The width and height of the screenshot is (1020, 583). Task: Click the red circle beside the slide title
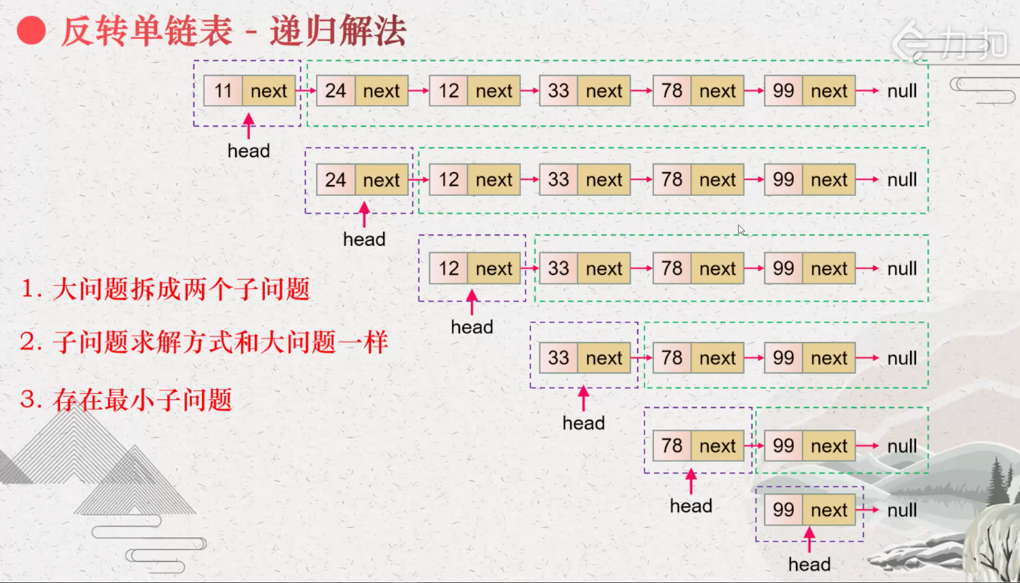pyautogui.click(x=31, y=31)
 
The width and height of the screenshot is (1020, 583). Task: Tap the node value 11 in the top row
pyautogui.click(x=223, y=91)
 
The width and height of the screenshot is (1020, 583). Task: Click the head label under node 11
pyautogui.click(x=249, y=151)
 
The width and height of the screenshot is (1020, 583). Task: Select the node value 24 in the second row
pyautogui.click(x=335, y=180)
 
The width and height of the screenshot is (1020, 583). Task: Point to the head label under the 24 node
pyautogui.click(x=364, y=240)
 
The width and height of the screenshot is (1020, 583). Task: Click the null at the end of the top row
pyautogui.click(x=902, y=91)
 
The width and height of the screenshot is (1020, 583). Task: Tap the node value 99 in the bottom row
pyautogui.click(x=783, y=510)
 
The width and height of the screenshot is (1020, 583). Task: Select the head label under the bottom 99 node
pyautogui.click(x=809, y=565)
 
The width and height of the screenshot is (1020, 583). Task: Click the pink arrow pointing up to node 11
pyautogui.click(x=249, y=126)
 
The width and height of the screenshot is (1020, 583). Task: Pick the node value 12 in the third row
pyautogui.click(x=449, y=268)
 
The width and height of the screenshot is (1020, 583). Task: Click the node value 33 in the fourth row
pyautogui.click(x=558, y=358)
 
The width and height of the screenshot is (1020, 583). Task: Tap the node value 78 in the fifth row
pyautogui.click(x=672, y=446)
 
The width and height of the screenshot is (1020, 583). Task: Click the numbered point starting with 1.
pyautogui.click(x=165, y=289)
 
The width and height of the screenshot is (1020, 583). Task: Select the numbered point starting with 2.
pyautogui.click(x=203, y=341)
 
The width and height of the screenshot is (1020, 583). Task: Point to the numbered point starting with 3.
pyautogui.click(x=126, y=399)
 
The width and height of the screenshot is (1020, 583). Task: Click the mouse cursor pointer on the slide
pyautogui.click(x=741, y=229)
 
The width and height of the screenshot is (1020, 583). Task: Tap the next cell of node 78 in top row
pyautogui.click(x=717, y=91)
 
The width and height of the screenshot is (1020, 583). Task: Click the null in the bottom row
pyautogui.click(x=902, y=510)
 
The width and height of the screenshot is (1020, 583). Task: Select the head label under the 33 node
pyautogui.click(x=583, y=423)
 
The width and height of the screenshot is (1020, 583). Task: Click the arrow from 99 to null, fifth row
pyautogui.click(x=867, y=446)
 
